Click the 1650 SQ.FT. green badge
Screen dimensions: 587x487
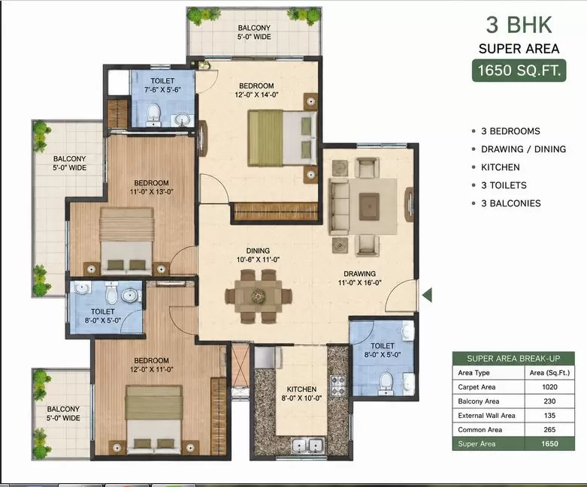point(519,71)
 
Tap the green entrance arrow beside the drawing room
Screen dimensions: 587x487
point(427,295)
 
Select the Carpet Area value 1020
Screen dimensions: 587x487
point(549,387)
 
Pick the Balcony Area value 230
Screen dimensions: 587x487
point(549,401)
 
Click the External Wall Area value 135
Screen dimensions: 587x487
point(549,415)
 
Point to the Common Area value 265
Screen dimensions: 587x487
point(549,429)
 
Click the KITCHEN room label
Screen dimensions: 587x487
point(301,389)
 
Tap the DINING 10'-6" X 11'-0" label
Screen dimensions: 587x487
point(258,255)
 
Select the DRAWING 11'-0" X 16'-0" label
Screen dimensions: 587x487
point(360,278)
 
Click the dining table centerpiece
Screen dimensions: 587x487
point(259,296)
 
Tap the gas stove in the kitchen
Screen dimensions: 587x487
point(338,386)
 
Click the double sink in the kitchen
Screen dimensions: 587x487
point(307,446)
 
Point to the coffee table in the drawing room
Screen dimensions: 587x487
point(369,206)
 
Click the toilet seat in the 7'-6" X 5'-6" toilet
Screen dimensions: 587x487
point(153,113)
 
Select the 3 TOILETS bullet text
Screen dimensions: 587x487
point(504,185)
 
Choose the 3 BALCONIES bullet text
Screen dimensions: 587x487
point(511,203)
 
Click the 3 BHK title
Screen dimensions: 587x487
point(519,25)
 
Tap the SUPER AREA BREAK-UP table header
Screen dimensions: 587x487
point(513,359)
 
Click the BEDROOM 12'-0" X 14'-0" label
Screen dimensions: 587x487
point(256,90)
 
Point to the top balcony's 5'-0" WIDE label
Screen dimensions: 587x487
point(254,37)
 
